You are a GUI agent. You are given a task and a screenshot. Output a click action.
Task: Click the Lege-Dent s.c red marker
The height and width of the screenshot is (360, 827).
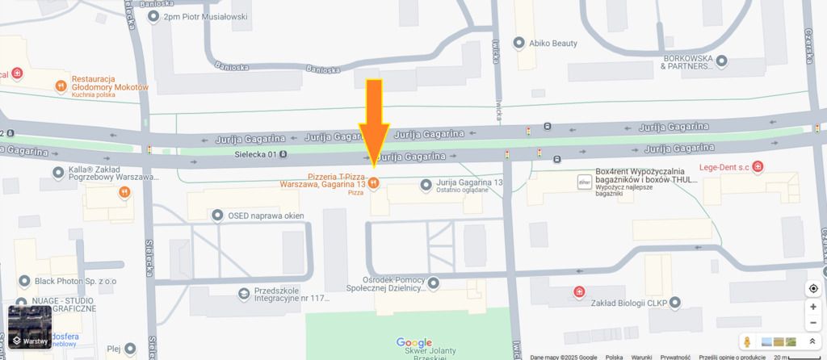pos(758,167)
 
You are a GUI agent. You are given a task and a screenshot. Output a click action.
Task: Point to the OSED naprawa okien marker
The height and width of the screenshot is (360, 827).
pos(217,215)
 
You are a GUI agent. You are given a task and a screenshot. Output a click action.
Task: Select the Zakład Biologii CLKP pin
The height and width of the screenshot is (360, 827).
pos(676,303)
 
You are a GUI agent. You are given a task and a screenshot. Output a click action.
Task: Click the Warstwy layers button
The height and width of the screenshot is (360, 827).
pos(30,326)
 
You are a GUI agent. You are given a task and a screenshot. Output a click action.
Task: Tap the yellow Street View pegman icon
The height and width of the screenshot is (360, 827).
pos(748,341)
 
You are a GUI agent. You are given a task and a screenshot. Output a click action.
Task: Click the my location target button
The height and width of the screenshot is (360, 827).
pos(812,289)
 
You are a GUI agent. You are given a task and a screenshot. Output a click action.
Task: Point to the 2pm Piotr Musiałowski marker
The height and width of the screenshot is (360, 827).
pos(154,16)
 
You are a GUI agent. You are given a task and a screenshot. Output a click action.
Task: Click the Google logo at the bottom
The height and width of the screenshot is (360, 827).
pos(413,343)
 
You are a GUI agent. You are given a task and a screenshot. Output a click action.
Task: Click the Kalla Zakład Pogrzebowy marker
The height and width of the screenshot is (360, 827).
pos(58,172)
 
